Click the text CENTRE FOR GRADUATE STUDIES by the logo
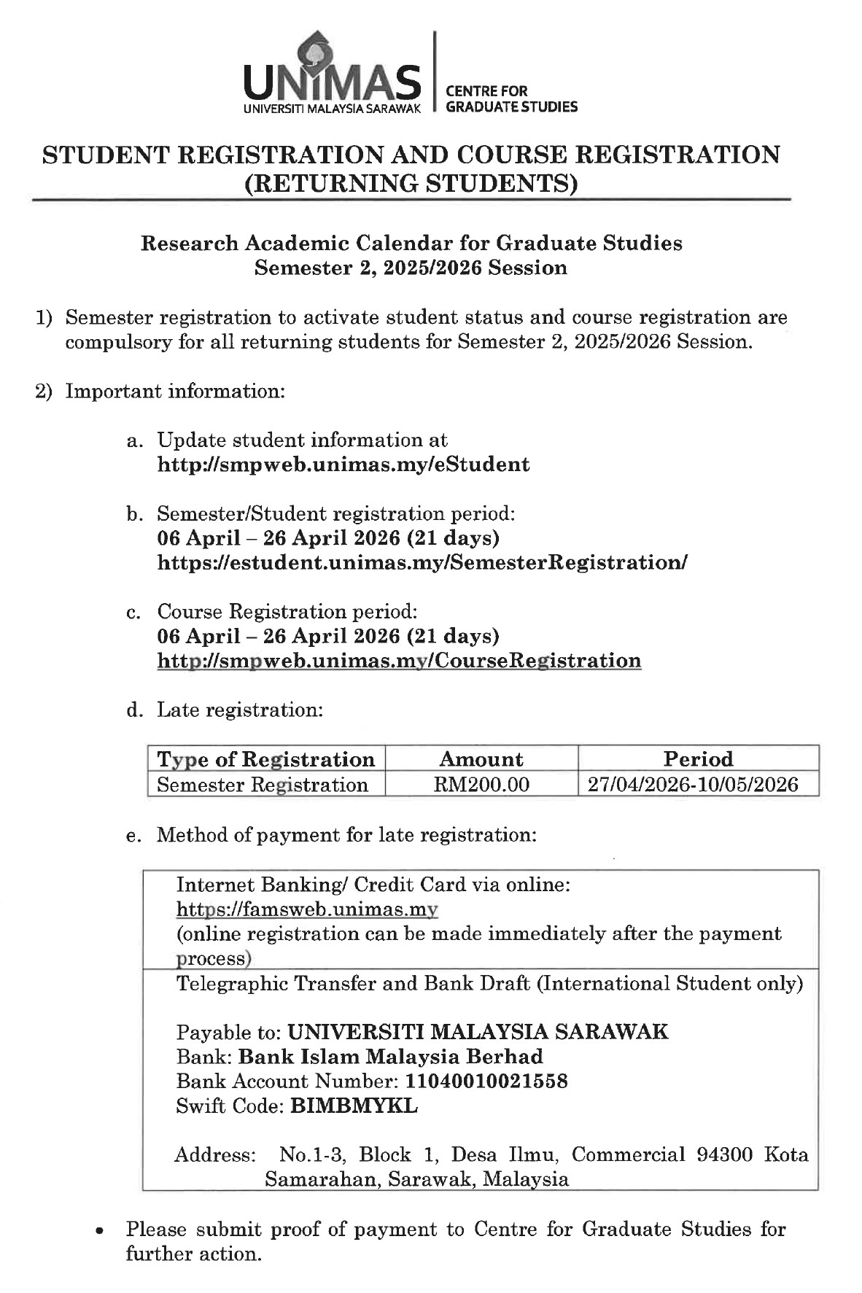coord(510,99)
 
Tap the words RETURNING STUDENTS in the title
coord(411,182)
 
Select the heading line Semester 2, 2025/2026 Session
coord(411,268)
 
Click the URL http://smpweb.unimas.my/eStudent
coord(343,465)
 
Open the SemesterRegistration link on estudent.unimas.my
coord(422,562)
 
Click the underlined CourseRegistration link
coord(399,661)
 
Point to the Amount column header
coord(481,759)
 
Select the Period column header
coord(698,759)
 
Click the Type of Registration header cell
coord(266,759)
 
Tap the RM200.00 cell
coord(481,785)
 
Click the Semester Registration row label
coord(263,785)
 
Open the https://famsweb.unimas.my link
coord(307,909)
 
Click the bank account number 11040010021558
coord(486,1081)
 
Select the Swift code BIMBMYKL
coord(354,1106)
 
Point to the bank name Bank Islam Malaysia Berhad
coord(391,1057)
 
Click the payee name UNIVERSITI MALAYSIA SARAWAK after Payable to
coord(478,1032)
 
